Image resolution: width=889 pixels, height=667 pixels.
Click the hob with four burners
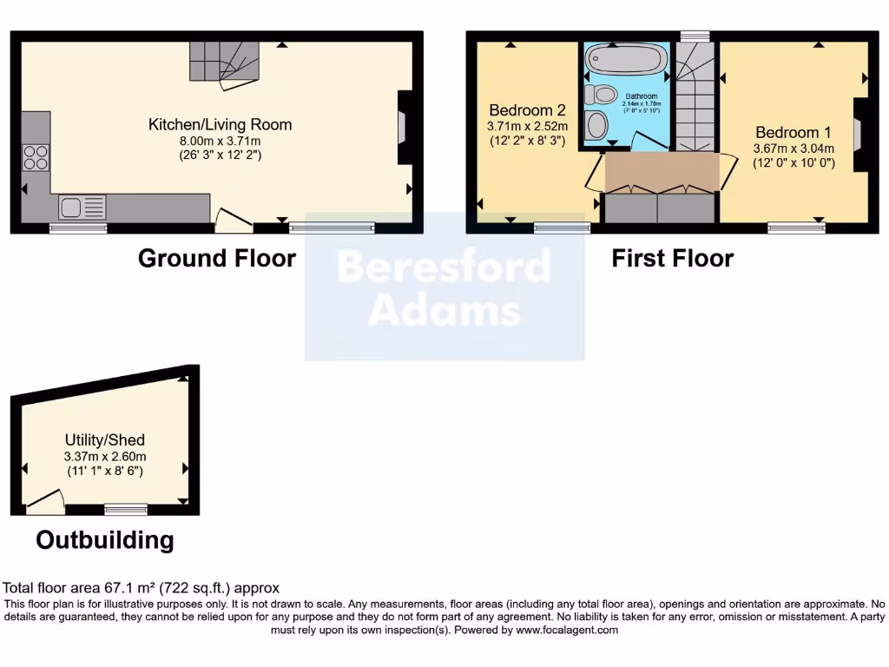pyautogui.click(x=36, y=157)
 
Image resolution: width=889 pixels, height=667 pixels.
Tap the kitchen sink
pyautogui.click(x=82, y=208)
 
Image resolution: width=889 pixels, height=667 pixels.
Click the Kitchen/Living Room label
pyautogui.click(x=220, y=124)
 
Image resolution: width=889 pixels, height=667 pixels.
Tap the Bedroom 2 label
pyautogui.click(x=527, y=110)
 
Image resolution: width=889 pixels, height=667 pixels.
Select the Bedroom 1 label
pyautogui.click(x=793, y=133)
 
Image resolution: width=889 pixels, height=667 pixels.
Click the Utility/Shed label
pyautogui.click(x=104, y=440)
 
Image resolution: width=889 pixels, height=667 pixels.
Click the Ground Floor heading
pyautogui.click(x=217, y=258)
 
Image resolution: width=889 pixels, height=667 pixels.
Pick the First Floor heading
pyautogui.click(x=672, y=258)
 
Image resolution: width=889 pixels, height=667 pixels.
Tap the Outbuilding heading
pyautogui.click(x=104, y=540)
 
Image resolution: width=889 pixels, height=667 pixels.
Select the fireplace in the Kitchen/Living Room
pyautogui.click(x=405, y=128)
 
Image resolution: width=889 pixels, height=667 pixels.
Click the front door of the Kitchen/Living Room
pyautogui.click(x=233, y=222)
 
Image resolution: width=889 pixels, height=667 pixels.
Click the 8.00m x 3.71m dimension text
pyautogui.click(x=220, y=141)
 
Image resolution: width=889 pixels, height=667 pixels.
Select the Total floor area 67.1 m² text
pyautogui.click(x=142, y=588)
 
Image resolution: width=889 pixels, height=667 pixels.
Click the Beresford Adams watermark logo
pyautogui.click(x=444, y=287)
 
